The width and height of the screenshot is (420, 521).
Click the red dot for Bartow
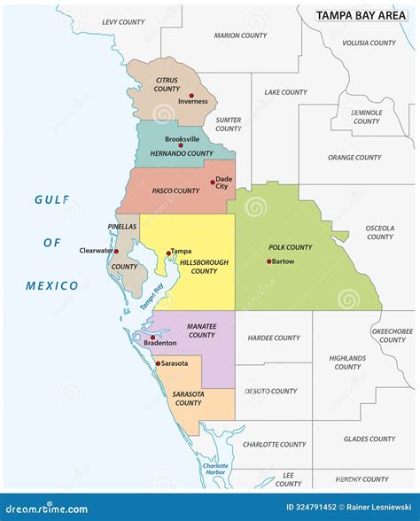click(x=268, y=261)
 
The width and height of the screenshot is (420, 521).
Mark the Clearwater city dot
click(x=115, y=251)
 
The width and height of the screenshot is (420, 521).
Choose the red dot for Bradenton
click(x=151, y=338)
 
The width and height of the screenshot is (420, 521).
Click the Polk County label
click(x=291, y=247)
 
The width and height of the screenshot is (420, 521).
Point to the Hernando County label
click(x=181, y=154)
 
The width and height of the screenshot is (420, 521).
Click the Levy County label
click(x=123, y=21)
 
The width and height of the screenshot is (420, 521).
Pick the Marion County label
click(x=239, y=35)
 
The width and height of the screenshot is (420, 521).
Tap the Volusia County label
click(x=369, y=43)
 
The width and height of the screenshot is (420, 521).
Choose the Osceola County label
click(x=379, y=232)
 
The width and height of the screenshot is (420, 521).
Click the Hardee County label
click(x=274, y=338)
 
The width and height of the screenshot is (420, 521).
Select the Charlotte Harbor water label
click(x=214, y=470)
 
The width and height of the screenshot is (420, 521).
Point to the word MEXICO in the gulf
click(x=51, y=285)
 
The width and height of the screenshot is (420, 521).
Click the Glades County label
click(x=369, y=439)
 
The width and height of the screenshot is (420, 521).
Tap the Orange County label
click(x=354, y=158)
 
